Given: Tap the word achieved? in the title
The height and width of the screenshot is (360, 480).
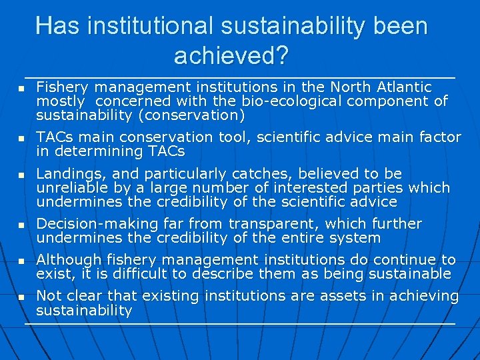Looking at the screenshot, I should pos(231,55).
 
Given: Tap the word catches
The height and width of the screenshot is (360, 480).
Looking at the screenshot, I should pos(236,174).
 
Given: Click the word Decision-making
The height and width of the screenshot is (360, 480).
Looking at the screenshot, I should pos(89,224).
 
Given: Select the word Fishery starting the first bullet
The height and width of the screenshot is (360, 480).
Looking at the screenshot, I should pos(63,87).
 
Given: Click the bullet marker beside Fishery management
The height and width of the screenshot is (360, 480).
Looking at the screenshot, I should pos(21,89).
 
